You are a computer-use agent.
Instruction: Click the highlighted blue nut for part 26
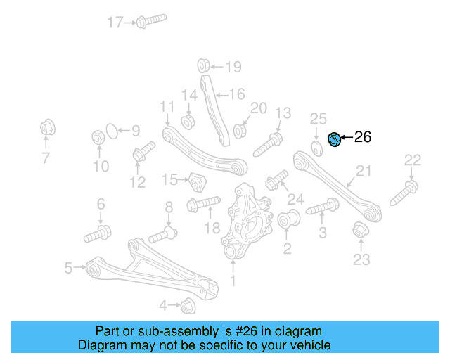pos(335,139)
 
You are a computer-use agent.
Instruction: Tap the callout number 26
pos(362,137)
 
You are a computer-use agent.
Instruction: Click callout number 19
pos(232,67)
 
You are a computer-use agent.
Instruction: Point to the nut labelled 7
pos(47,129)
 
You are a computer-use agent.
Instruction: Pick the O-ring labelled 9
pos(110,130)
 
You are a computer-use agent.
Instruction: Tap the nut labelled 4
pos(187,305)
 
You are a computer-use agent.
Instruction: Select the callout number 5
pos(68,267)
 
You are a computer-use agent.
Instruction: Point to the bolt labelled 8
pos(163,232)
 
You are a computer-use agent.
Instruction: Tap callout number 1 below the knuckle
pos(233,282)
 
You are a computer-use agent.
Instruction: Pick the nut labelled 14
pos(188,120)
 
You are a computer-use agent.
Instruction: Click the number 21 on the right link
pos(363,171)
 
